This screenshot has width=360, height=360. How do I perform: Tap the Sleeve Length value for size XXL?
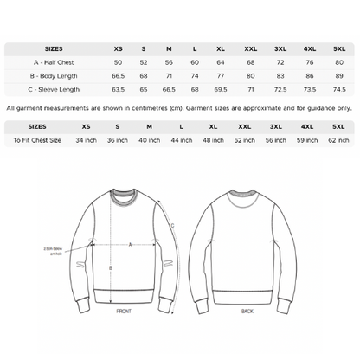(250, 88)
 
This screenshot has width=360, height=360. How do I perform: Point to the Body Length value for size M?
(169, 75)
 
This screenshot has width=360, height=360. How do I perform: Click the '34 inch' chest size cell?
(86, 139)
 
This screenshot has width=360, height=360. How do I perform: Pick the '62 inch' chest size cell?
(337, 139)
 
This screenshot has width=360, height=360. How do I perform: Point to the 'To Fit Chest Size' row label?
(34, 139)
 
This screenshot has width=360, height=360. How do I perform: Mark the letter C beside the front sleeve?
(172, 226)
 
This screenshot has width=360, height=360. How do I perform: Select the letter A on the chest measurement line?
(130, 244)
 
